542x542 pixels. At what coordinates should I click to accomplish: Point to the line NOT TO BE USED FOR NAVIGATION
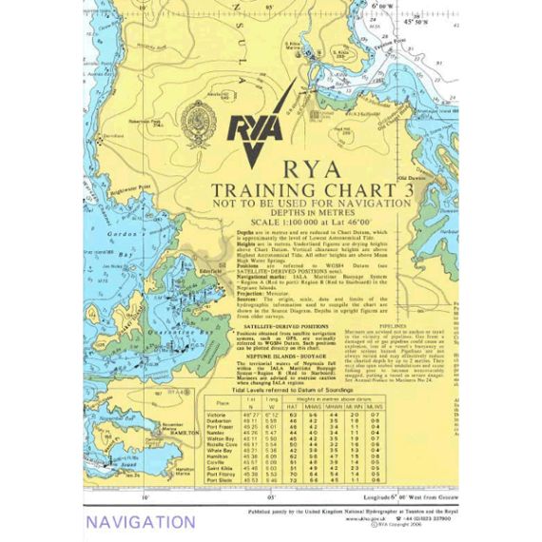pyautogui.click(x=313, y=203)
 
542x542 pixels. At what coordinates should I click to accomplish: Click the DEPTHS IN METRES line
pyautogui.click(x=313, y=214)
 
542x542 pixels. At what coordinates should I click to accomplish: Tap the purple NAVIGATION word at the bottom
pyautogui.click(x=140, y=522)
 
